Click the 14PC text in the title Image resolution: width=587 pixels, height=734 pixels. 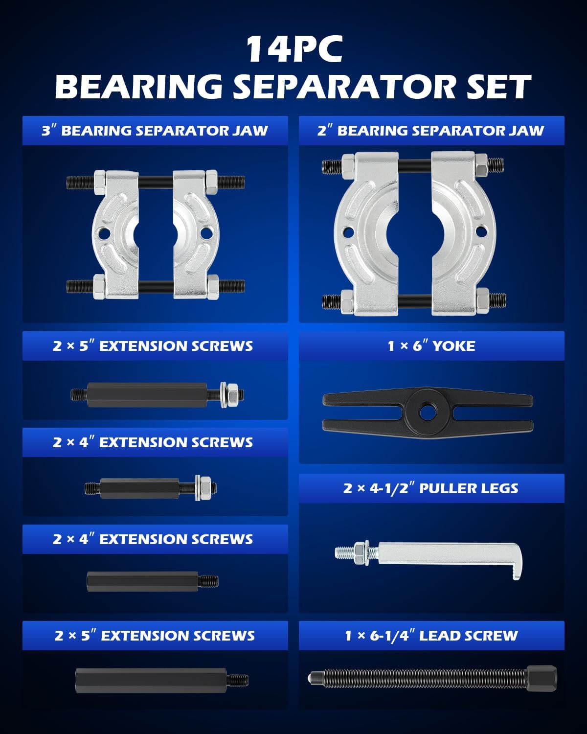click(294, 49)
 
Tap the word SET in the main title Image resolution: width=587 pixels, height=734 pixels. click(498, 87)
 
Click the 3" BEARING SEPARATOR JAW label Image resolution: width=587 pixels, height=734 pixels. click(155, 131)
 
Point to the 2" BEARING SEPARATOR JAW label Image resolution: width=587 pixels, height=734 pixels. click(430, 131)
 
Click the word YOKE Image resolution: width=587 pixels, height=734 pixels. click(453, 346)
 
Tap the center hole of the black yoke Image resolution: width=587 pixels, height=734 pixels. click(427, 413)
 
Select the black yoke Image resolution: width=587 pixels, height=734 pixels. click(428, 413)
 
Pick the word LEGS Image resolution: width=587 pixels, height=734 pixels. click(502, 488)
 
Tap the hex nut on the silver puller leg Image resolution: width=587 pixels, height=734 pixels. click(360, 552)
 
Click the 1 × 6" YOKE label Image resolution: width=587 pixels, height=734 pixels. click(431, 346)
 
